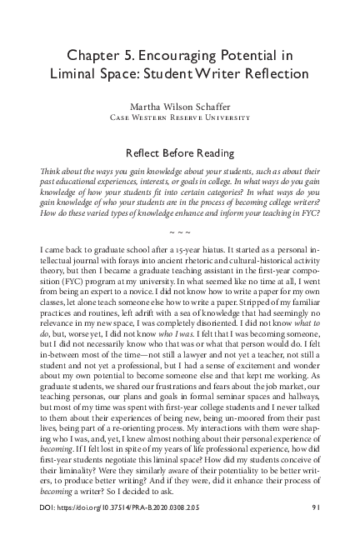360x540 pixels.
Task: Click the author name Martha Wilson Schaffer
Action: tap(180, 107)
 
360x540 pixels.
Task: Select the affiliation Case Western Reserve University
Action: tap(180, 117)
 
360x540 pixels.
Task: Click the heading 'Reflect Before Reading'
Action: tap(180, 153)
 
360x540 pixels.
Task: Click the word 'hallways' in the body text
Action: tap(300, 424)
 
